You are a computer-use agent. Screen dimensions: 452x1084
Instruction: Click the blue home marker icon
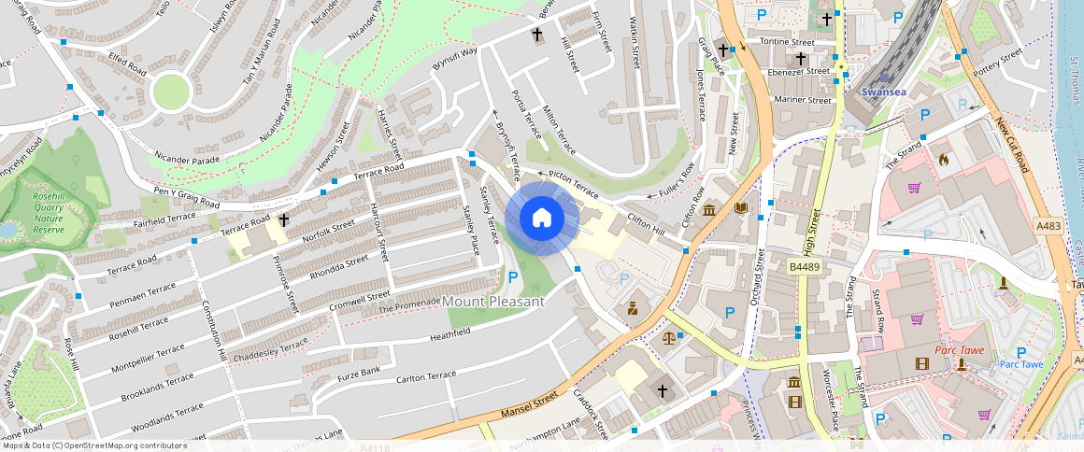point(541,218)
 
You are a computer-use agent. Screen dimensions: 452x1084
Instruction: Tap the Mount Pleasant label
point(493,302)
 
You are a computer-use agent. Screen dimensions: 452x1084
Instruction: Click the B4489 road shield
point(804,266)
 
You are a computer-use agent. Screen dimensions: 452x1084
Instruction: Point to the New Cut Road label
point(1011,145)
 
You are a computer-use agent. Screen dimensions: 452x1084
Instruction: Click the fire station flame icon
point(943,160)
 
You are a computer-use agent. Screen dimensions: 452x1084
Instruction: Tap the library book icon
point(741,207)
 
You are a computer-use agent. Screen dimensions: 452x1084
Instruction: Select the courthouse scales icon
point(668,337)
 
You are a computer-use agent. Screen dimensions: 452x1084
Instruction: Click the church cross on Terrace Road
point(283,220)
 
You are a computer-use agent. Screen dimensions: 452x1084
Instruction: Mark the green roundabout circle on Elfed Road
point(171,92)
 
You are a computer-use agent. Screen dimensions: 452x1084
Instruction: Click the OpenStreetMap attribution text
point(93,445)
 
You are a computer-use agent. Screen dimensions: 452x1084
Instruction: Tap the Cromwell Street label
point(362,301)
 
